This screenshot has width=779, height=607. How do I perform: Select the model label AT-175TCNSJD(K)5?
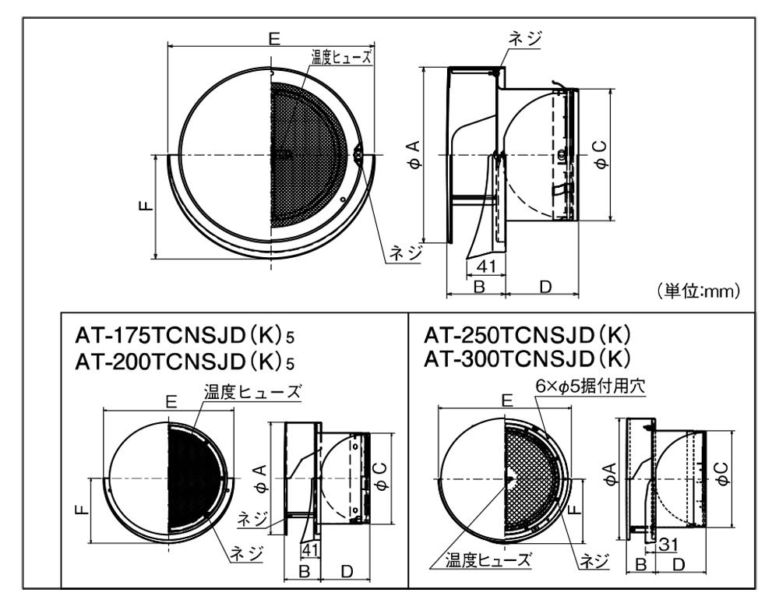[185, 336]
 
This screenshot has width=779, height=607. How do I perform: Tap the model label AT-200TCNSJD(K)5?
[185, 362]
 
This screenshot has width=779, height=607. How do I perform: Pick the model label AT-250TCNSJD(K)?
[527, 335]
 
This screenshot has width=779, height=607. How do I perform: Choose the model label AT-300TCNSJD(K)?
[527, 358]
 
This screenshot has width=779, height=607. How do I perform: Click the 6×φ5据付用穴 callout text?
[590, 386]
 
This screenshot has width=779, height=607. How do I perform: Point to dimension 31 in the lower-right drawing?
[668, 545]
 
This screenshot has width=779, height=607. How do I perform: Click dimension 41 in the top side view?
[486, 266]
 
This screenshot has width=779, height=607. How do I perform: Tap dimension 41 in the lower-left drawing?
[309, 549]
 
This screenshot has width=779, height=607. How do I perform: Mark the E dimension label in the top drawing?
[273, 38]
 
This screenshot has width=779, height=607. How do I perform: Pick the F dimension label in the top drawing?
[146, 205]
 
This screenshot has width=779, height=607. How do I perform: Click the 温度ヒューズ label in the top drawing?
[341, 57]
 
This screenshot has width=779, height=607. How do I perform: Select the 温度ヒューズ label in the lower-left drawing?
[252, 392]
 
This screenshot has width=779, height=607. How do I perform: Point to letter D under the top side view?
[545, 287]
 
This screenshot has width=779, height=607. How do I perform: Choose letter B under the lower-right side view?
[641, 564]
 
